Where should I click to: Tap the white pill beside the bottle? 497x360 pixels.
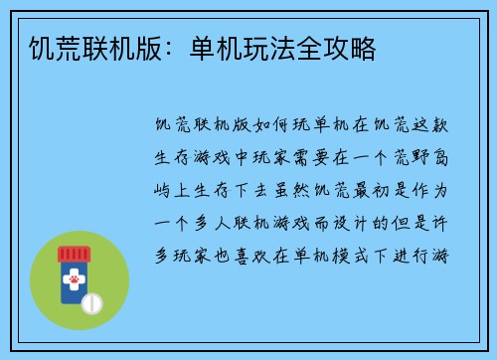point(91,301)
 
